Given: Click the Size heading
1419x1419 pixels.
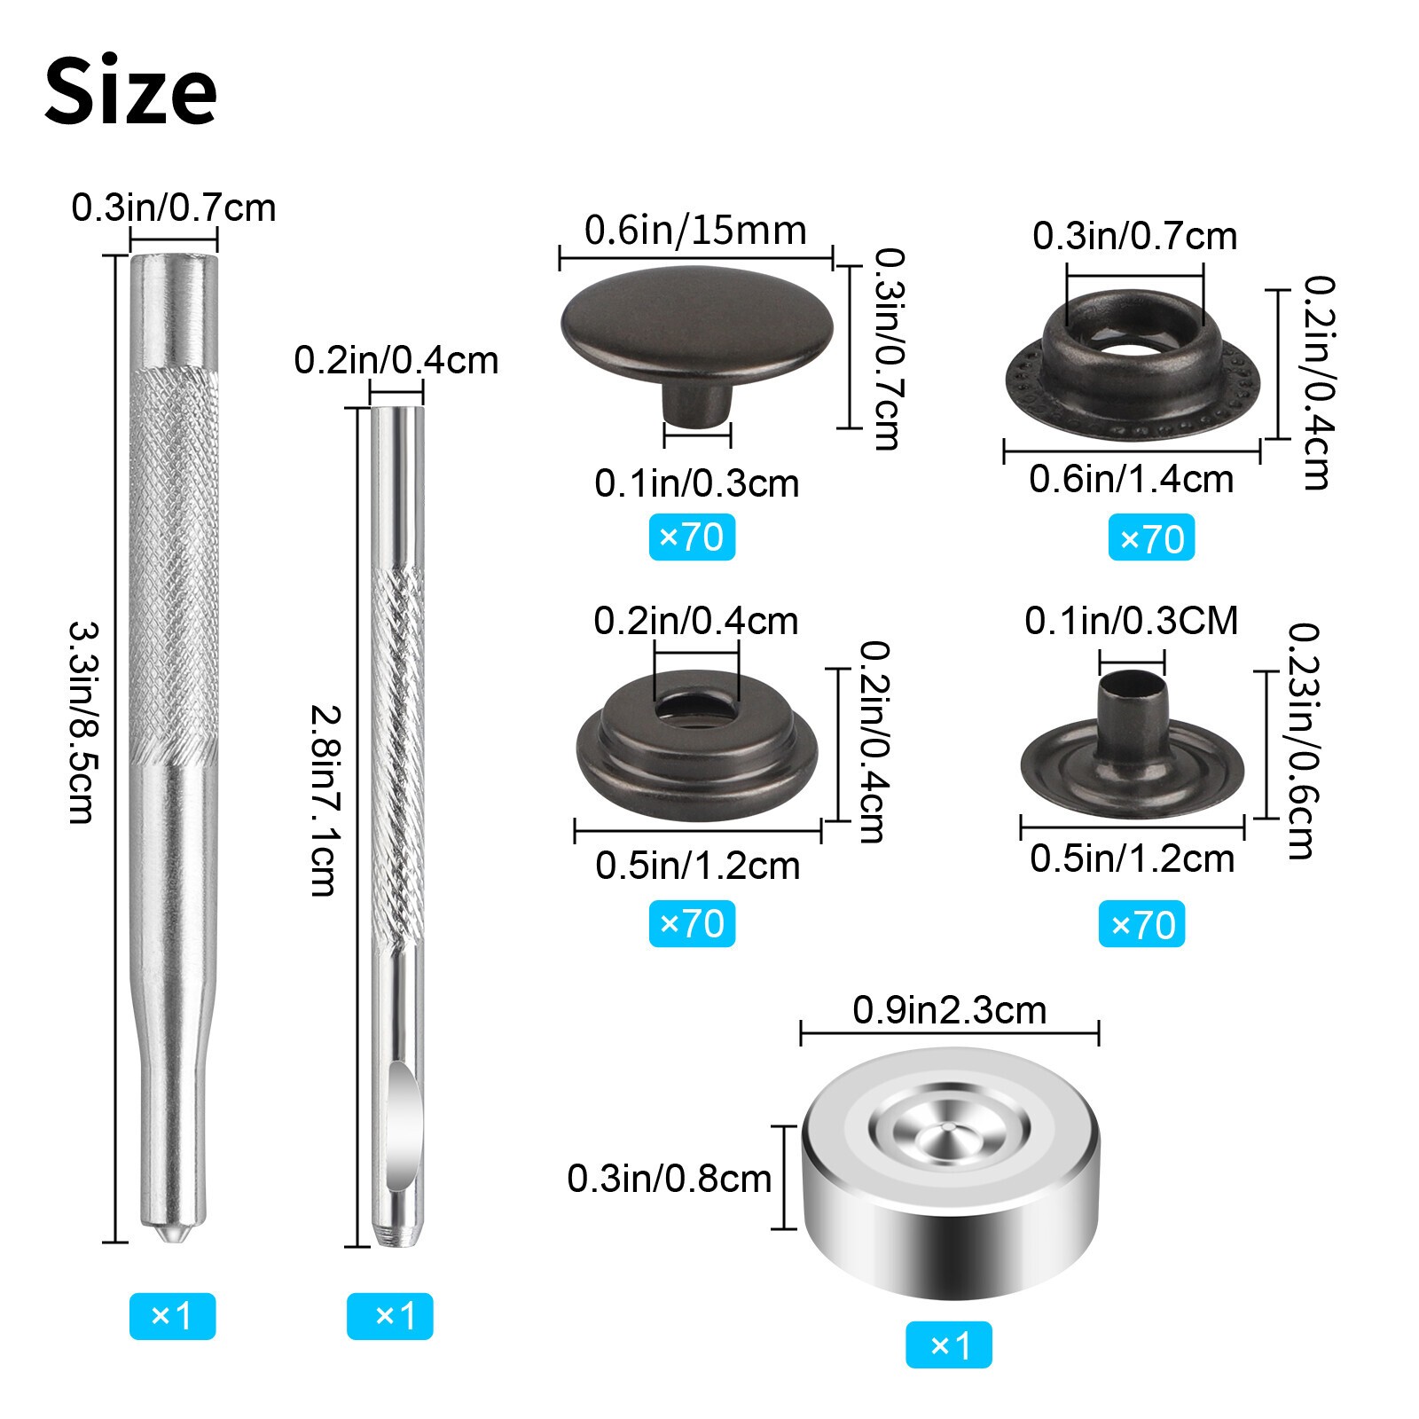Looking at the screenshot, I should coord(130,91).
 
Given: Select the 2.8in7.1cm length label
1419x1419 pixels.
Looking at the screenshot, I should coord(323,799).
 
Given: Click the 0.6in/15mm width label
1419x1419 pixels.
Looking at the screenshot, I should coord(695,231).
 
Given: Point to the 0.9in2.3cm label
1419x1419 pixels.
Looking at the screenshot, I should coord(949,1010).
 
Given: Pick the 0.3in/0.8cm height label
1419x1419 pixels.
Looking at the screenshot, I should coord(669,1179).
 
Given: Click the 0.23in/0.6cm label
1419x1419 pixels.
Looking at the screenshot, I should coord(1302,741).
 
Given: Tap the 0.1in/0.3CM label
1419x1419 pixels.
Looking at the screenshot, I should coord(1131,621).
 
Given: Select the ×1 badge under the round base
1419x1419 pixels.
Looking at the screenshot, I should coord(948,1345).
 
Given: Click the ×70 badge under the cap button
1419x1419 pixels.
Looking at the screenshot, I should coord(692,537).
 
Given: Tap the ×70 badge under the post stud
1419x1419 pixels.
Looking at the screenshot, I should coord(1141,925).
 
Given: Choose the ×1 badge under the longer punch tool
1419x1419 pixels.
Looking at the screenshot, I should coord(172,1315).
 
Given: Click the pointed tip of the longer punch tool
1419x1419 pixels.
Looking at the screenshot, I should coord(169,1234).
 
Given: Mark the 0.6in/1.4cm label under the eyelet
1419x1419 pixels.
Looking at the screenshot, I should coord(1131,480).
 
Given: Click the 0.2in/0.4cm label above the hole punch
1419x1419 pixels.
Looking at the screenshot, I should coord(396,361).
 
